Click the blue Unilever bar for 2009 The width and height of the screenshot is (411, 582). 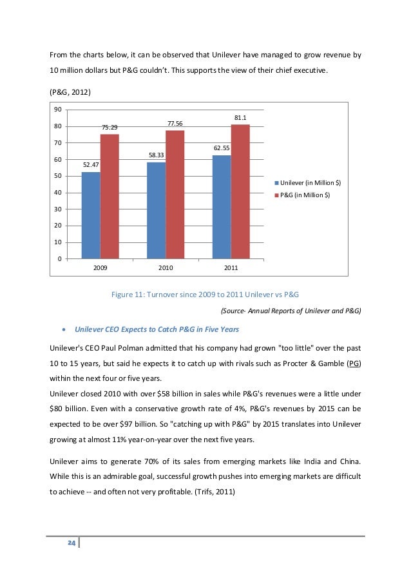tap(91, 215)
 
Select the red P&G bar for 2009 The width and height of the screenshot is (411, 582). tap(110, 197)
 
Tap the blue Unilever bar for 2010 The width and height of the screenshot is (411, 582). tap(157, 210)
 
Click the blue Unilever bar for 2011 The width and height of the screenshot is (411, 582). tap(222, 207)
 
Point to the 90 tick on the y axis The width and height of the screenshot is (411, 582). tap(57, 109)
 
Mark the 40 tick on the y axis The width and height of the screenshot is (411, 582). tap(57, 193)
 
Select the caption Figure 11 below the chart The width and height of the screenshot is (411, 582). tap(205, 295)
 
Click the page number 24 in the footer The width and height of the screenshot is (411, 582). tap(72, 544)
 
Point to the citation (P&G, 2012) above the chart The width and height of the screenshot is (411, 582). tap(71, 92)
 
